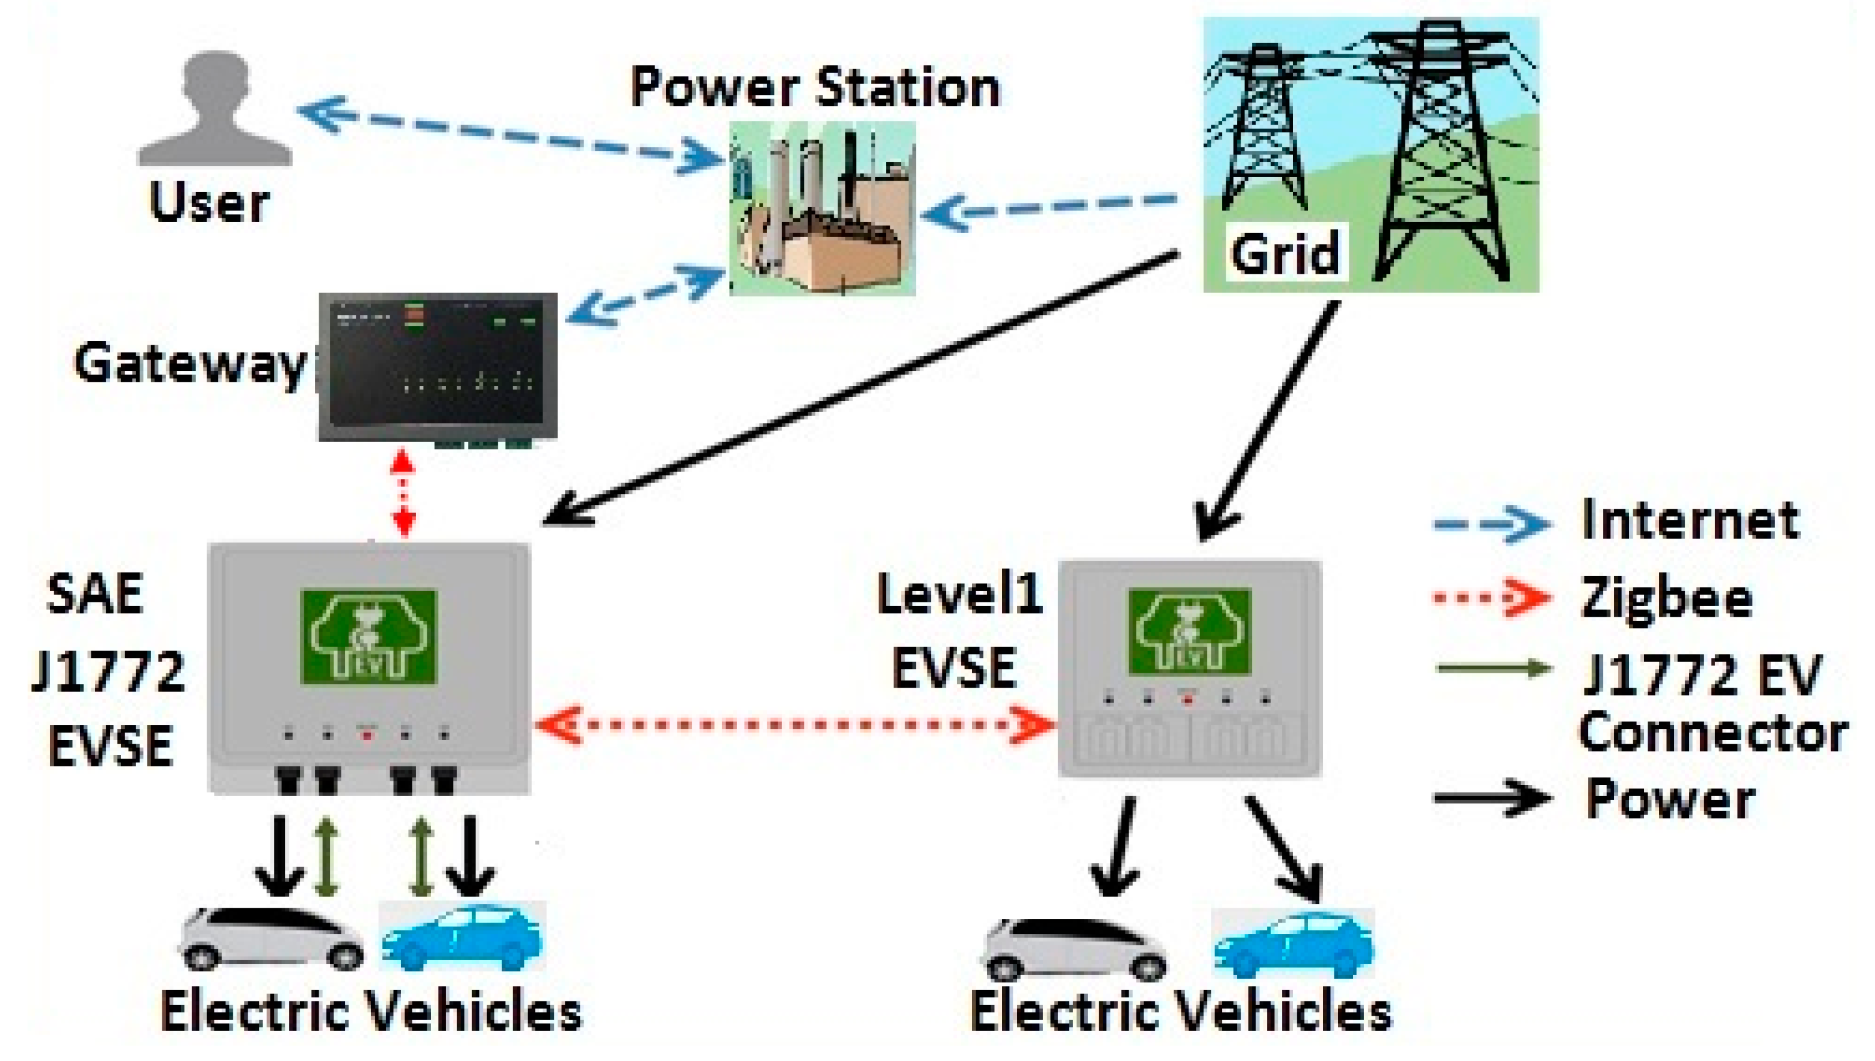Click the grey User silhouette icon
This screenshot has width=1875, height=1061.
pyautogui.click(x=215, y=109)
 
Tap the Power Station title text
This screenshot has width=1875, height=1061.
pyautogui.click(x=815, y=88)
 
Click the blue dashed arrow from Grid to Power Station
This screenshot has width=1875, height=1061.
pyautogui.click(x=1050, y=208)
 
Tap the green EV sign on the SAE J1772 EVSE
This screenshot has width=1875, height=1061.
pyautogui.click(x=369, y=637)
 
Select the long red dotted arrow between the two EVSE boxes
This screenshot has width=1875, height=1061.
pyautogui.click(x=795, y=725)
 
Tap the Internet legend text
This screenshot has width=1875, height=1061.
pyautogui.click(x=1690, y=521)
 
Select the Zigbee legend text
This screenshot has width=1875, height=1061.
pyautogui.click(x=1666, y=598)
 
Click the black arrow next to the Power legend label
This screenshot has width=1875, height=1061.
pyautogui.click(x=1491, y=796)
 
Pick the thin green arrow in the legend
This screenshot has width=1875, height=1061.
pyautogui.click(x=1491, y=667)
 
